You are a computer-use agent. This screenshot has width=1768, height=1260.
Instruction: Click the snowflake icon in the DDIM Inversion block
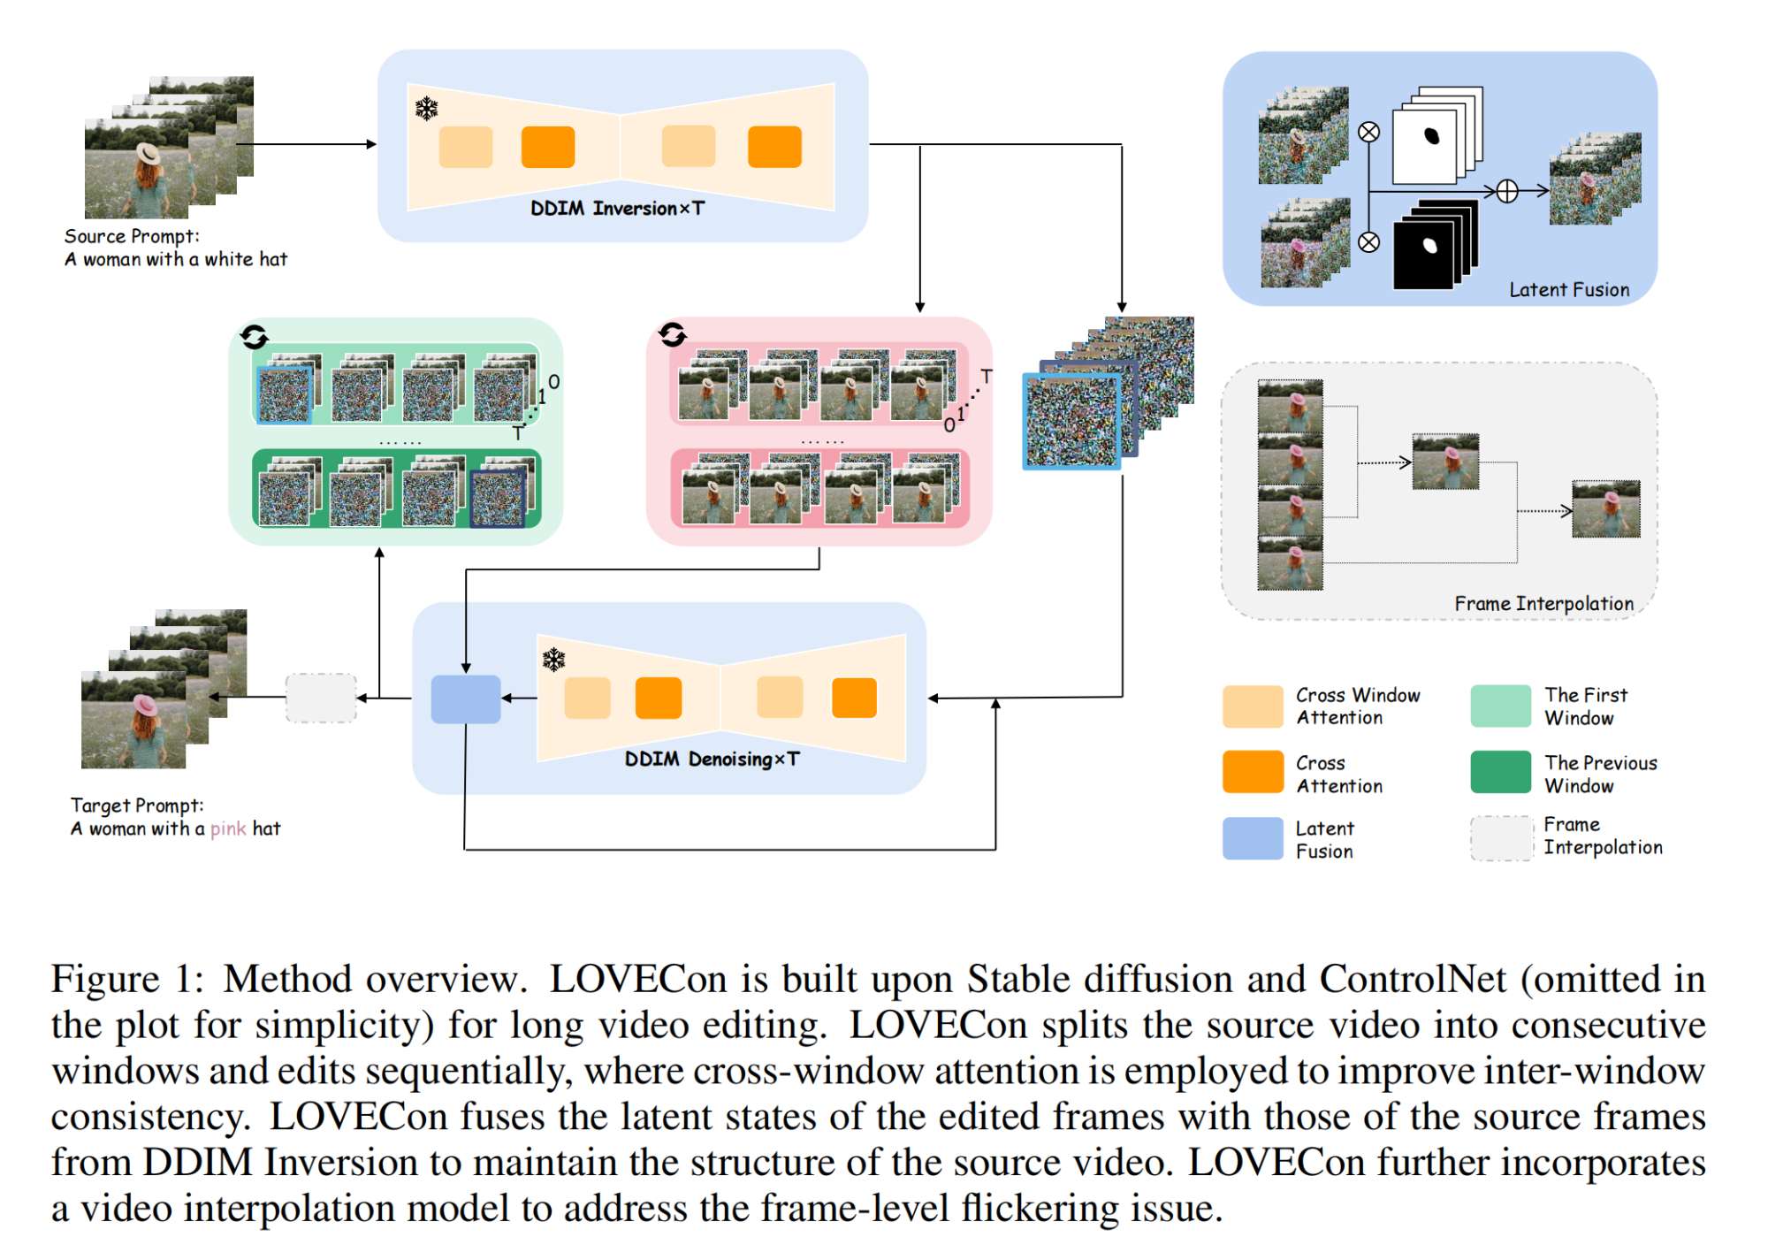click(427, 109)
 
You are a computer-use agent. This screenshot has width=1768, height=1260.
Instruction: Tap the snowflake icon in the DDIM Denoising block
click(553, 660)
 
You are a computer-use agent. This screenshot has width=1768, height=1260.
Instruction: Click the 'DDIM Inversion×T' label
click(617, 209)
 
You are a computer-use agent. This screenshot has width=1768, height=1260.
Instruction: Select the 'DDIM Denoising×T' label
click(712, 760)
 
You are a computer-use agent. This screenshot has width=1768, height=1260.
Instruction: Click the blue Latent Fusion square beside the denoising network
click(465, 699)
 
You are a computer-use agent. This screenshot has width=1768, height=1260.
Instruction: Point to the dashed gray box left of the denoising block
click(321, 699)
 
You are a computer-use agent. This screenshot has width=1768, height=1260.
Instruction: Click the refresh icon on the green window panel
click(254, 337)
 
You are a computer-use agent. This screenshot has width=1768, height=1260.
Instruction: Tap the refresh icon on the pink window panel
click(672, 334)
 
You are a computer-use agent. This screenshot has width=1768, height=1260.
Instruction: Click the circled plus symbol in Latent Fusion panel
click(1507, 191)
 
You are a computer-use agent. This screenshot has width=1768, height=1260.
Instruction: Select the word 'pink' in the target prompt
click(227, 829)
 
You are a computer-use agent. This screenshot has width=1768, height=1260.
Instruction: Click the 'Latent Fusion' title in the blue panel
click(1568, 290)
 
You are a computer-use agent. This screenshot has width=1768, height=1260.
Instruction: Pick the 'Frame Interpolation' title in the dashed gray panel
click(1543, 604)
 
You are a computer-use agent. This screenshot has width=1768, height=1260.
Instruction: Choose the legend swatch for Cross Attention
click(1252, 772)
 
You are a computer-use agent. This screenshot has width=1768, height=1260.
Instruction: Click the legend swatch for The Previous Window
click(1500, 772)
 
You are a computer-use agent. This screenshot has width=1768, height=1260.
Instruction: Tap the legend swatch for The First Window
click(1500, 706)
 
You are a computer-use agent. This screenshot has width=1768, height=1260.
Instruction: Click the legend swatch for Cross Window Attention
click(1252, 706)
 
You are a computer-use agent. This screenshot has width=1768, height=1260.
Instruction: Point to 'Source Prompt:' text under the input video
click(132, 237)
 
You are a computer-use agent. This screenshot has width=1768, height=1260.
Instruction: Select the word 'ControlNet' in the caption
click(1412, 980)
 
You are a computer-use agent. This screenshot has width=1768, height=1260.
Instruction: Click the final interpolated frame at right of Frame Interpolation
click(1605, 509)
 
